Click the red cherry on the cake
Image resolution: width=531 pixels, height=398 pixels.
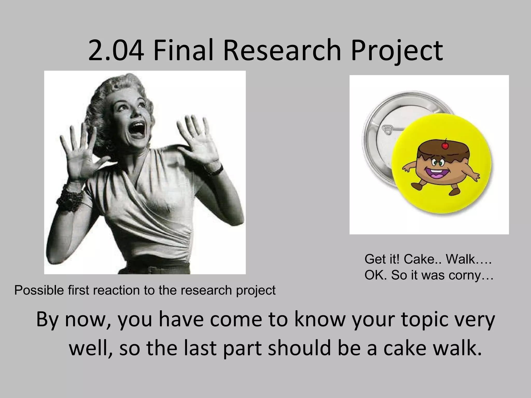pos(445,146)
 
